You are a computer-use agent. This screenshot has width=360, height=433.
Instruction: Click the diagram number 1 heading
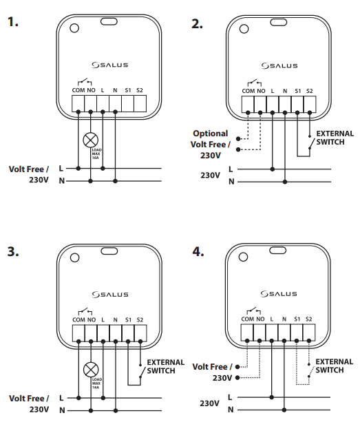pos(12,23)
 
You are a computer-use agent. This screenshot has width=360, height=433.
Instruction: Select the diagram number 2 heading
pos(196,23)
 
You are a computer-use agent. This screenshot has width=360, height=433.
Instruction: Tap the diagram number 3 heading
pos(12,252)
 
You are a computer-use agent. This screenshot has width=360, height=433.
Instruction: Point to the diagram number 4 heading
pos(197,252)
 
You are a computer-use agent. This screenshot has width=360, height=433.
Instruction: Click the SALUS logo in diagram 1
pos(110,65)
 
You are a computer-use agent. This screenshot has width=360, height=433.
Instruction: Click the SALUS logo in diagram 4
pos(279,295)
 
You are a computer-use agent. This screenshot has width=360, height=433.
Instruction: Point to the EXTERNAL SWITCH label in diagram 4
pos(334,365)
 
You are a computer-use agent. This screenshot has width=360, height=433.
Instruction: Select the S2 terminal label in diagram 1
pos(140,89)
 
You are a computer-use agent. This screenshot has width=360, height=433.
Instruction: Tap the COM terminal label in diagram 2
pos(247,89)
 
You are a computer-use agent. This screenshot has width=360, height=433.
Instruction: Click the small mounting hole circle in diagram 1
pos(74,28)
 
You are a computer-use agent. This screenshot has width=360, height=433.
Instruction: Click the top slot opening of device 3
pos(109,252)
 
